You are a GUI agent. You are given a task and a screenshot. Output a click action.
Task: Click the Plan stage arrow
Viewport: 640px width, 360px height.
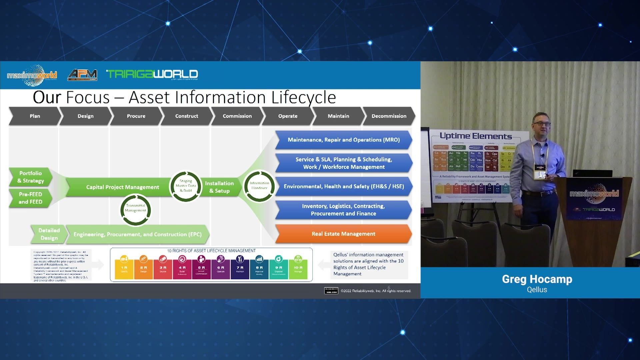[x=35, y=116]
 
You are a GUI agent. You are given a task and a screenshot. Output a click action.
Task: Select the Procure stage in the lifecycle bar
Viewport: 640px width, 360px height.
[x=136, y=116]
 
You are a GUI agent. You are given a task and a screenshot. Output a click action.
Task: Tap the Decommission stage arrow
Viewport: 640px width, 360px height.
[x=389, y=116]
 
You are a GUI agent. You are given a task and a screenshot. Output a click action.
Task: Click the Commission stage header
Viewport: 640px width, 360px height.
[x=237, y=116]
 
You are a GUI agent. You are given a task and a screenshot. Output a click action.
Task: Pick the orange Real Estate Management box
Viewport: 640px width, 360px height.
[x=343, y=234]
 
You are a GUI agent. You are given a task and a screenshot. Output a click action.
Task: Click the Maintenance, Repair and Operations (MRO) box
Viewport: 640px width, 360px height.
[x=343, y=140]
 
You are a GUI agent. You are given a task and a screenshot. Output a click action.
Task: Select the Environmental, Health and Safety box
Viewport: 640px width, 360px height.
[x=343, y=186]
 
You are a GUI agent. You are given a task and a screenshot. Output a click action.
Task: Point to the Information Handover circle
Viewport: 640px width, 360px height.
[x=259, y=186]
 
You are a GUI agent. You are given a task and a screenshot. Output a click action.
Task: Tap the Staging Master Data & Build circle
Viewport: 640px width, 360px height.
[x=186, y=186]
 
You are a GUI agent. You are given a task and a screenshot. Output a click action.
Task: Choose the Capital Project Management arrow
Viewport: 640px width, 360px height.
[x=122, y=187]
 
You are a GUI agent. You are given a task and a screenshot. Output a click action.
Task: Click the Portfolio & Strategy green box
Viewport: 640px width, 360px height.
[x=30, y=177]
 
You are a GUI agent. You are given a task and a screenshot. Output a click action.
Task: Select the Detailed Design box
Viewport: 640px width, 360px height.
[x=49, y=234]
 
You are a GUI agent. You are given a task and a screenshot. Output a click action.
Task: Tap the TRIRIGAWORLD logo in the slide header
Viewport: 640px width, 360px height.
[x=152, y=74]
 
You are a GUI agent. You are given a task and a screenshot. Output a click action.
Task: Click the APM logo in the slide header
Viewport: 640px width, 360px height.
[x=82, y=74]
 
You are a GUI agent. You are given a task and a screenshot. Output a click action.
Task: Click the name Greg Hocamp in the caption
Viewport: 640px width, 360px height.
[x=537, y=279]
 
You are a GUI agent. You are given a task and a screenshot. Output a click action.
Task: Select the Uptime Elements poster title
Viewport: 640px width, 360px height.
[x=476, y=136]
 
